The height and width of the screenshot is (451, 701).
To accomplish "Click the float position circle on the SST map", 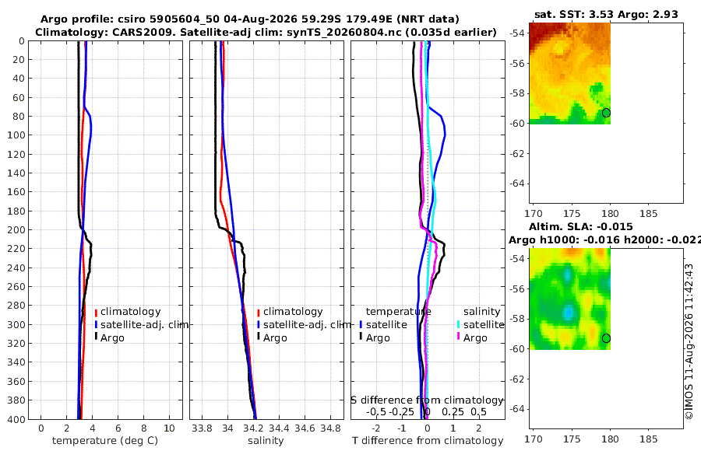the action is [x=606, y=113].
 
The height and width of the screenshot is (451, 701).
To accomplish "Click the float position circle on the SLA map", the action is [x=606, y=338].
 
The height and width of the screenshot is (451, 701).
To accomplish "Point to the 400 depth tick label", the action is [x=16, y=419].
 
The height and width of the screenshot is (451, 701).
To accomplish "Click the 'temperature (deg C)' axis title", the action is [x=105, y=441].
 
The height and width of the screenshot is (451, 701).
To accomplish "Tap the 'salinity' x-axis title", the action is [x=266, y=441].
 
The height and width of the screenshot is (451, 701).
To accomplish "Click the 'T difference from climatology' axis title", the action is [x=428, y=441].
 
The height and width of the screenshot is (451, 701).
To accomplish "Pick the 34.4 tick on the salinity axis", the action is [x=279, y=428].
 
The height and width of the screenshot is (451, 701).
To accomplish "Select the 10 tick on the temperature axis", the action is [x=170, y=428].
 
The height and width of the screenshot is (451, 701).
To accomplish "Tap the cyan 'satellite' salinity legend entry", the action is [x=481, y=324].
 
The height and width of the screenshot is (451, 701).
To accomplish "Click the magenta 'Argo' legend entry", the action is [x=472, y=337].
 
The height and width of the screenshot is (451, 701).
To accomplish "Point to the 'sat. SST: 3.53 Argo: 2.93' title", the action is [x=606, y=14].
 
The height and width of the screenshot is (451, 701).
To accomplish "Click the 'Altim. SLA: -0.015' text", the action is [x=581, y=226].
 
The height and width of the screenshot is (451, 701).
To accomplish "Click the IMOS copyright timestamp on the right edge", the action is [x=689, y=341].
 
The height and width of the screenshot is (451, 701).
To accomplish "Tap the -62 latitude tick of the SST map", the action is [x=517, y=154].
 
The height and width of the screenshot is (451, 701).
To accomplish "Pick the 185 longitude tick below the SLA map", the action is [x=648, y=439].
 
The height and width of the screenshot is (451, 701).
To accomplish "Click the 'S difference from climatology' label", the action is [x=427, y=400].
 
